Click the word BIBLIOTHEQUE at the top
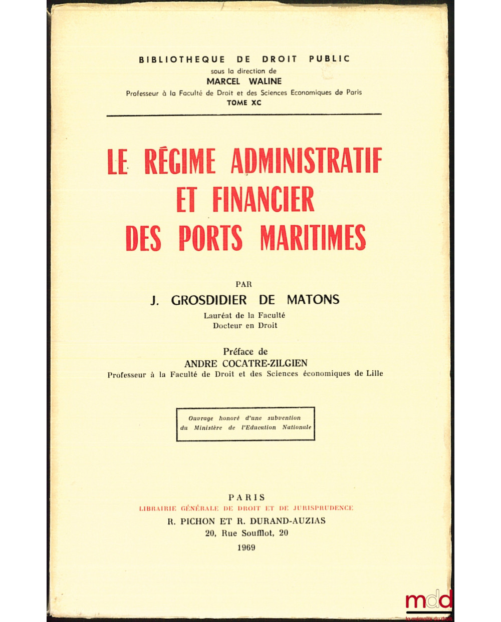pos(182,59)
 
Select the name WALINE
pos(265,81)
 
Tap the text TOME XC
pos(244,103)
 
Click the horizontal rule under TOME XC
pos(244,115)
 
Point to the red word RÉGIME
pos(180,161)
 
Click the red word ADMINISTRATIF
pos(307,161)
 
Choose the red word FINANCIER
pos(263,199)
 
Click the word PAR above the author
pos(244,284)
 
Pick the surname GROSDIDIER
pos(209,300)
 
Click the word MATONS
pos(313,300)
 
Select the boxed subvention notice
pos(245,423)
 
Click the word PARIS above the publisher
pos(246,497)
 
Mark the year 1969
pos(246,547)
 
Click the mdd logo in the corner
pos(428,602)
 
